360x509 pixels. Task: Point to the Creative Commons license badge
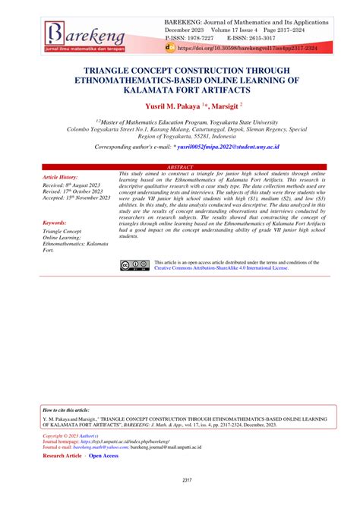(133, 264)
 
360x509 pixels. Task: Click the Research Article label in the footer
(63, 456)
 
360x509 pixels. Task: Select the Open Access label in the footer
(105, 456)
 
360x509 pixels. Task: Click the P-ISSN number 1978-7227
(201, 36)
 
